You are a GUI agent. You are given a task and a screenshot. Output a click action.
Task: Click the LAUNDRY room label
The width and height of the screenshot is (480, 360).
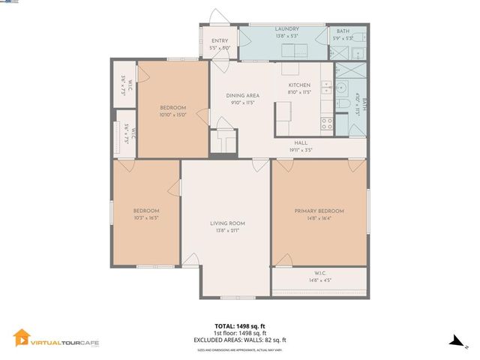pyautogui.click(x=286, y=28)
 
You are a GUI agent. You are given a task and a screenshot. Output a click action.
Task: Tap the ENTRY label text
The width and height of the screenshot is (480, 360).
pyautogui.click(x=220, y=40)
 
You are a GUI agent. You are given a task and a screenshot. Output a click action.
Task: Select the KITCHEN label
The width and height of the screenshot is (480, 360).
pyautogui.click(x=299, y=85)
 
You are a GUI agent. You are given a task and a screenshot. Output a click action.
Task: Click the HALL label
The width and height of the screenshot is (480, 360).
pyautogui.click(x=301, y=142)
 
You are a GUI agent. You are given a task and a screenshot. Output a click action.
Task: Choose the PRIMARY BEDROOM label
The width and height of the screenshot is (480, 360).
pyautogui.click(x=319, y=211)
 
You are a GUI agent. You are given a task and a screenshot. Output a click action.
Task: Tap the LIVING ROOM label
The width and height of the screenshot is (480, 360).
pyautogui.click(x=227, y=223)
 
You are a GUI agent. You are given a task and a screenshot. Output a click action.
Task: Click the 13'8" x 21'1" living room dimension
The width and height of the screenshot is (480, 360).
pyautogui.click(x=227, y=229)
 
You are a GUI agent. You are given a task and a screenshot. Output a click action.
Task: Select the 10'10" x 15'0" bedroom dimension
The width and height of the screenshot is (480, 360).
pyautogui.click(x=172, y=115)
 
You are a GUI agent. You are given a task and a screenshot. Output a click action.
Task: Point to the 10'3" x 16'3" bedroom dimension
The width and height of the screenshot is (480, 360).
pyautogui.click(x=146, y=217)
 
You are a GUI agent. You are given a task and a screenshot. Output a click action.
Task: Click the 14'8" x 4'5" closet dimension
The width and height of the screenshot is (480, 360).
pyautogui.click(x=319, y=280)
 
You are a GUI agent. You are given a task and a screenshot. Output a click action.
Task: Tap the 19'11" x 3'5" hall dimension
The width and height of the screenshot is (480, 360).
pyautogui.click(x=301, y=149)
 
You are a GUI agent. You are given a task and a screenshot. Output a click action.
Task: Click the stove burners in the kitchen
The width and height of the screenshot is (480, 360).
pyautogui.click(x=327, y=122)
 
